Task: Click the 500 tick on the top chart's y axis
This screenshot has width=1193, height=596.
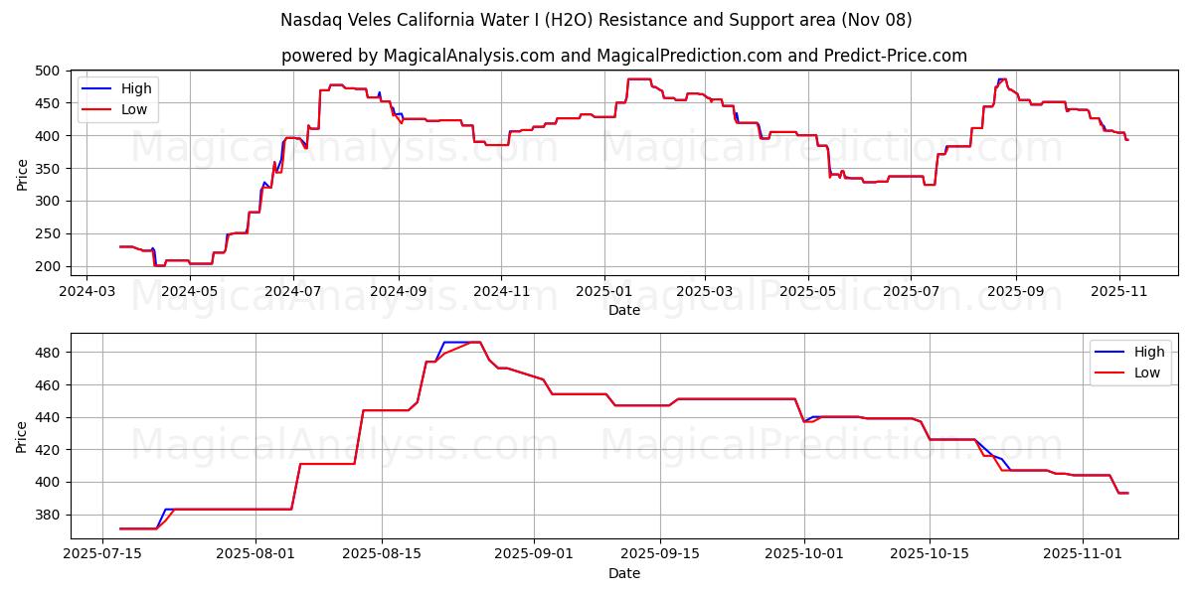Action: (49, 71)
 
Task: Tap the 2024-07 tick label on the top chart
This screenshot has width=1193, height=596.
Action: (292, 292)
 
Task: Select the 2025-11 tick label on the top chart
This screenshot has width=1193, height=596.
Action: (1119, 292)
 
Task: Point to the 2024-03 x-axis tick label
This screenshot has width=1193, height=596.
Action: (86, 292)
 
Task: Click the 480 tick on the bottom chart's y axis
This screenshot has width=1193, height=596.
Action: (49, 353)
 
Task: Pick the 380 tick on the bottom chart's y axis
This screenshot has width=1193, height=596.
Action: (49, 515)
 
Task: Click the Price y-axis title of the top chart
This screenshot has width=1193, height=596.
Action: (23, 173)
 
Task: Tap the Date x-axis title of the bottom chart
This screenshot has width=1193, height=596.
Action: (624, 573)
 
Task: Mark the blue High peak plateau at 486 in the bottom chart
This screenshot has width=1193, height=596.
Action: (458, 342)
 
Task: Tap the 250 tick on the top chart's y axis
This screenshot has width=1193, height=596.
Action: (49, 233)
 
